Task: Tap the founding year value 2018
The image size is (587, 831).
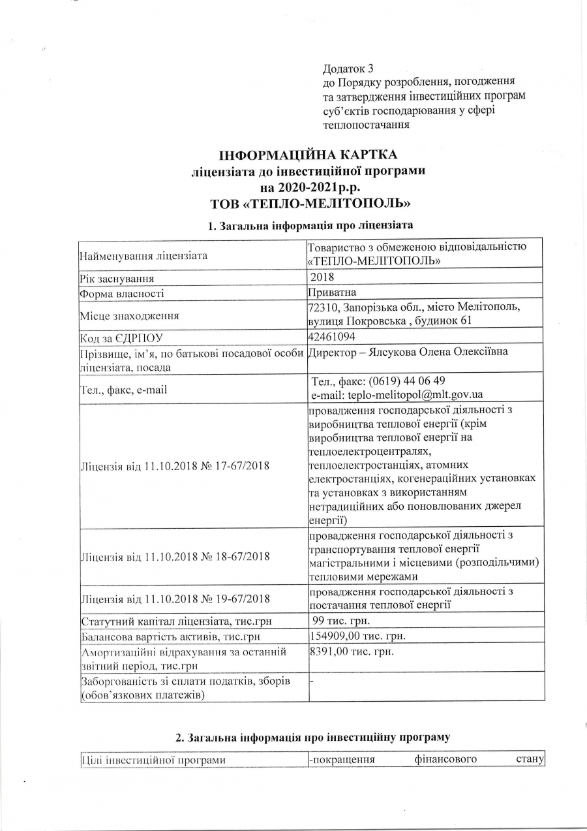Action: tap(323, 277)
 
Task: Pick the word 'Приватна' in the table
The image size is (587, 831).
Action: tap(332, 292)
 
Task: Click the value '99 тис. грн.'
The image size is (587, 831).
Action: tap(341, 619)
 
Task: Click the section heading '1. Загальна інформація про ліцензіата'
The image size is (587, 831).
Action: tap(310, 226)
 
